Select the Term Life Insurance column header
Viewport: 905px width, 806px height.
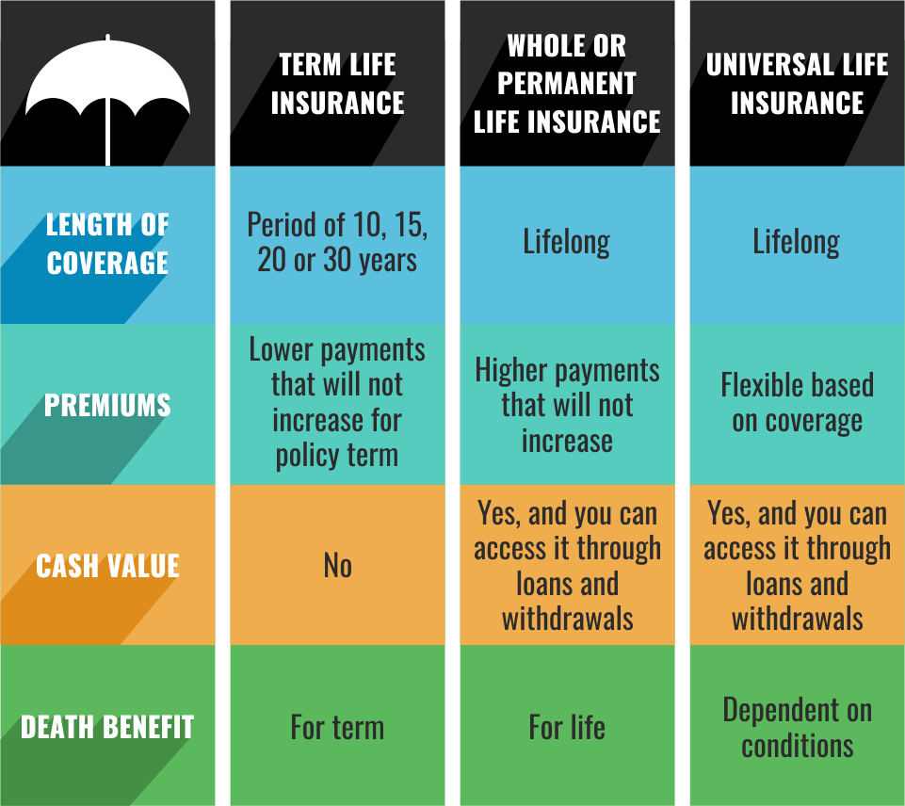337,83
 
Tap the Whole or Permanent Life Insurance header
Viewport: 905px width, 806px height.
567,83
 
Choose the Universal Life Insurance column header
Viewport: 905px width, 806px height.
797,83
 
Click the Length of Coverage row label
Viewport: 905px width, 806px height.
107,243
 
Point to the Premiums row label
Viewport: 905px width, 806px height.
107,405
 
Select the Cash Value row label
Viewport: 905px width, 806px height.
107,565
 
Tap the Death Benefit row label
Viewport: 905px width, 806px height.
107,727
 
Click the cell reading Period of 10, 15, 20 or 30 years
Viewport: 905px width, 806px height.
337,242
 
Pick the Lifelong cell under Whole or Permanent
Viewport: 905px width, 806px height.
567,242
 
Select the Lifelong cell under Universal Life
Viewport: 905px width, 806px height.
797,242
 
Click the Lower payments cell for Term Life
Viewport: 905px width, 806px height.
337,402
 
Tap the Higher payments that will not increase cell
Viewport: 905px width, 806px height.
567,405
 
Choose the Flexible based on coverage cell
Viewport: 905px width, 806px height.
797,402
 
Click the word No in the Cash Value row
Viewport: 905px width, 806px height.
337,565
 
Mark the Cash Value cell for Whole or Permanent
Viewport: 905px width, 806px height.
567,565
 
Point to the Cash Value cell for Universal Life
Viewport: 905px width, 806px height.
797,565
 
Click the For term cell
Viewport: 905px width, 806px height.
337,727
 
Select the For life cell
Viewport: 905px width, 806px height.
567,727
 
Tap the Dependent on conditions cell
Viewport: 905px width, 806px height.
797,727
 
